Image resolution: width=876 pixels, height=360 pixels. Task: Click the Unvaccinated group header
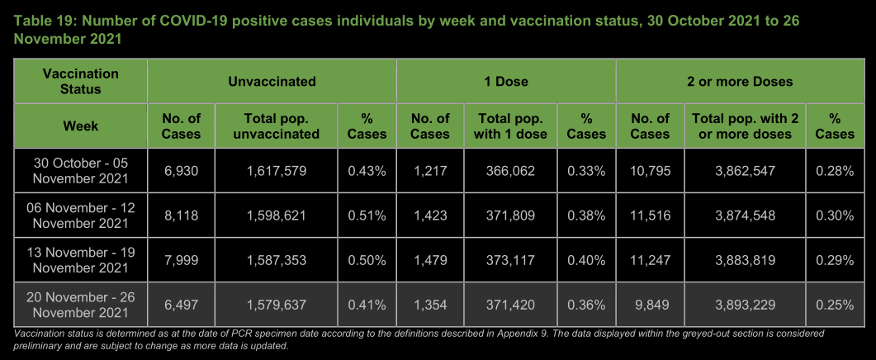coord(272,82)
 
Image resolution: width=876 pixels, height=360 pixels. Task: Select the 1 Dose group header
coord(506,82)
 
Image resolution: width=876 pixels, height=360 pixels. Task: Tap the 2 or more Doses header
coord(740,82)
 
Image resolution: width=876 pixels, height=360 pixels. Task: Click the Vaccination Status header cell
coord(81,81)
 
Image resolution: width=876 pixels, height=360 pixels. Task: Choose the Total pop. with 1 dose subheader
coord(510,126)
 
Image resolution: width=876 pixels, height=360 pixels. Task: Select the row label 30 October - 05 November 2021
coord(81,170)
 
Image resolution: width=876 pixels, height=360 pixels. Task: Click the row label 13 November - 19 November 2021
coord(81,259)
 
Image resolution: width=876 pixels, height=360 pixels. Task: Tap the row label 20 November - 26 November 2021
coord(81,304)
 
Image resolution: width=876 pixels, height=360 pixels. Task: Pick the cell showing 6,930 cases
coord(181,171)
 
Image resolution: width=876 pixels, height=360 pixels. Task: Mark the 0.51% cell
coord(367,216)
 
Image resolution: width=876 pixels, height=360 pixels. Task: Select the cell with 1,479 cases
coord(430,260)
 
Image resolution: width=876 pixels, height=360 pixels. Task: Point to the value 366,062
coord(510,171)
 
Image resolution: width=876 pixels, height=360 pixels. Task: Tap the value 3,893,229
coord(746,305)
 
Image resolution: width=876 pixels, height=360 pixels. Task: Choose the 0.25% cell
coord(835,305)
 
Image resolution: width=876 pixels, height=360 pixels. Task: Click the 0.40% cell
coord(587,260)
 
